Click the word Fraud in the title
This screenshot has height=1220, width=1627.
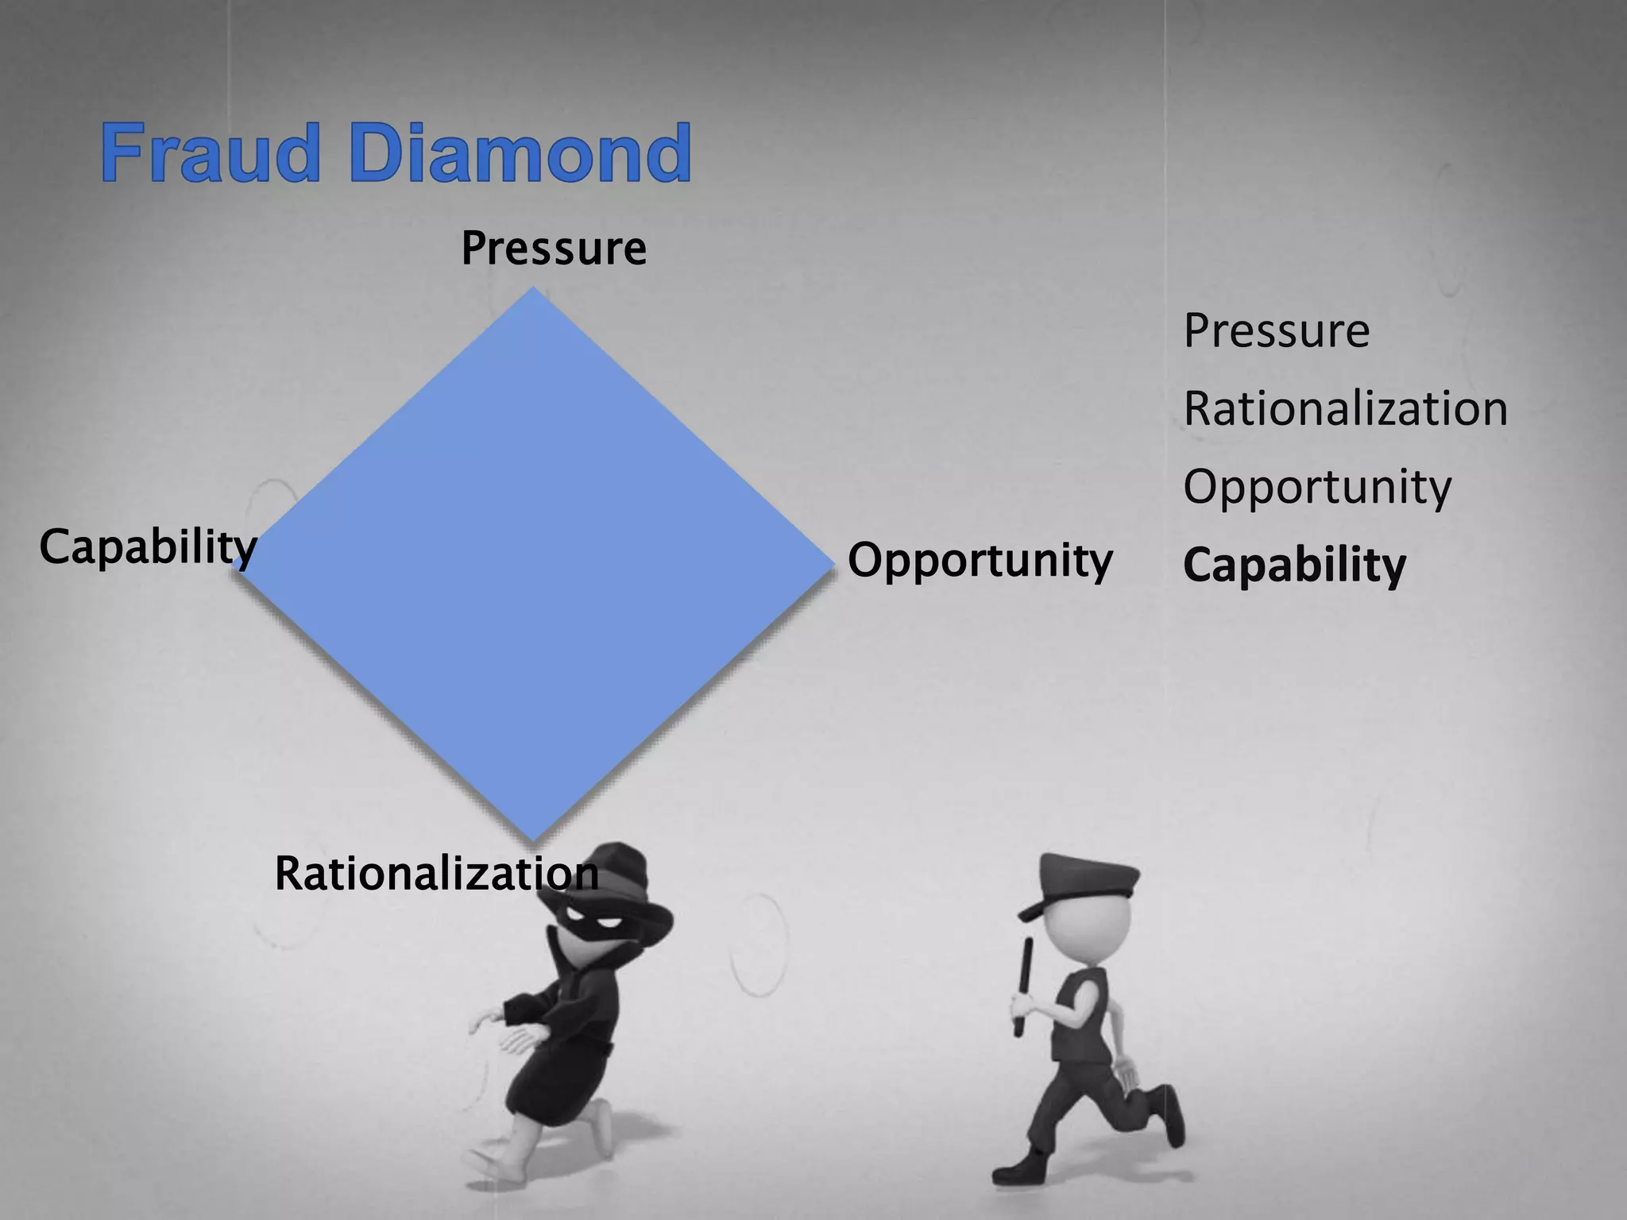coord(211,152)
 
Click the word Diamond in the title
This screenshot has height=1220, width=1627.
coord(520,152)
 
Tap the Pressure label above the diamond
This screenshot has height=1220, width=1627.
coord(554,249)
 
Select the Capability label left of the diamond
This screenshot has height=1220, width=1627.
coord(148,547)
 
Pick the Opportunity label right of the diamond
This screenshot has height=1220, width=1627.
coord(980,561)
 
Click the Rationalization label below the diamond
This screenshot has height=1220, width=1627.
coord(436,874)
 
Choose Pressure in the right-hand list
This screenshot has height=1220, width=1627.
coord(1277,330)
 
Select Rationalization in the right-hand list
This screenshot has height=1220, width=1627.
coord(1345,409)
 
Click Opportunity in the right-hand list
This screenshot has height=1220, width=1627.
coord(1317,487)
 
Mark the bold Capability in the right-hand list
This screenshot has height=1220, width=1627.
coord(1294,566)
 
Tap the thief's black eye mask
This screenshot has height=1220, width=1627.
coord(592,925)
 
